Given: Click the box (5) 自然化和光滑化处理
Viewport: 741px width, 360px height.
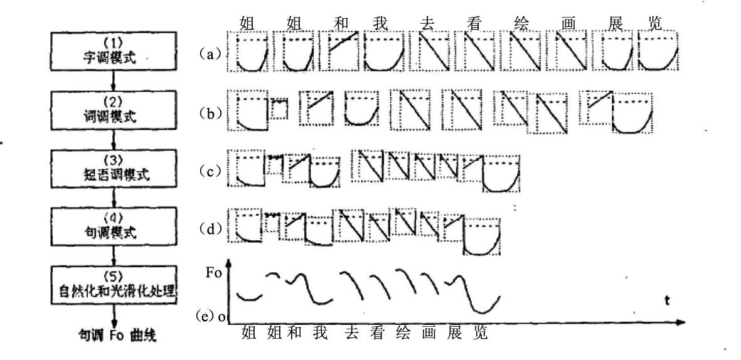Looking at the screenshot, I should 113,285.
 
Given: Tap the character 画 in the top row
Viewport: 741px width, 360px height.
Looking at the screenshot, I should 570,22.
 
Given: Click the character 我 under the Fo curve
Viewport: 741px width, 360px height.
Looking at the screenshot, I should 319,332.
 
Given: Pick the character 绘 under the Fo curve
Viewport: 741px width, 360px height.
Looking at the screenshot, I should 402,332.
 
